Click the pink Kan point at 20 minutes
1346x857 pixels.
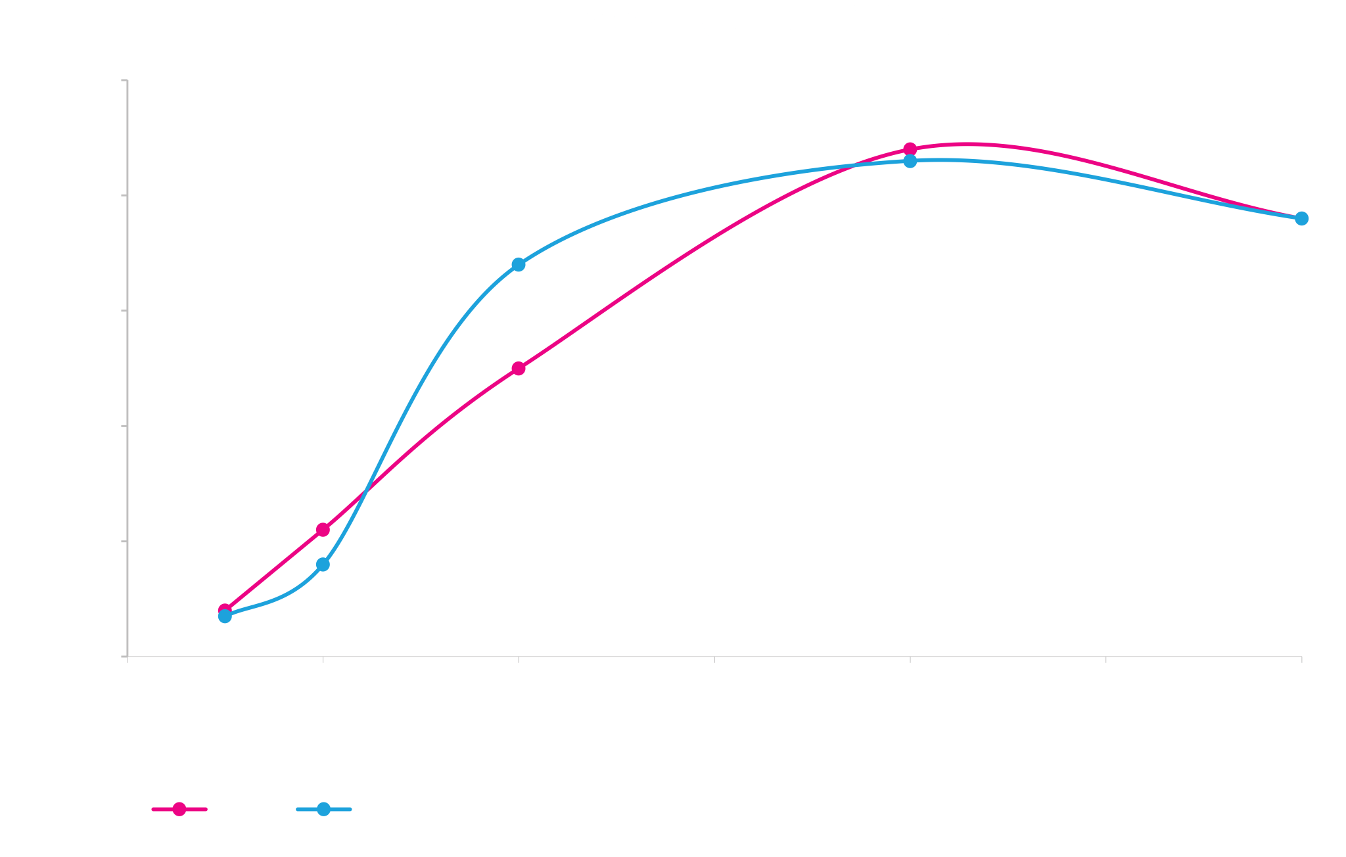(x=519, y=368)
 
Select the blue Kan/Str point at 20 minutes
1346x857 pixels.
(x=519, y=264)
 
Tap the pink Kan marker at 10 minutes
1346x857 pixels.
(x=323, y=530)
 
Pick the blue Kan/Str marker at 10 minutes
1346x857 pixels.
(x=323, y=565)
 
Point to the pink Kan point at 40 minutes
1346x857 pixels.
(x=910, y=149)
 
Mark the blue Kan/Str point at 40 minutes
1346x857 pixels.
(x=910, y=161)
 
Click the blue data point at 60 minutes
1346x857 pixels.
(x=1301, y=218)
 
